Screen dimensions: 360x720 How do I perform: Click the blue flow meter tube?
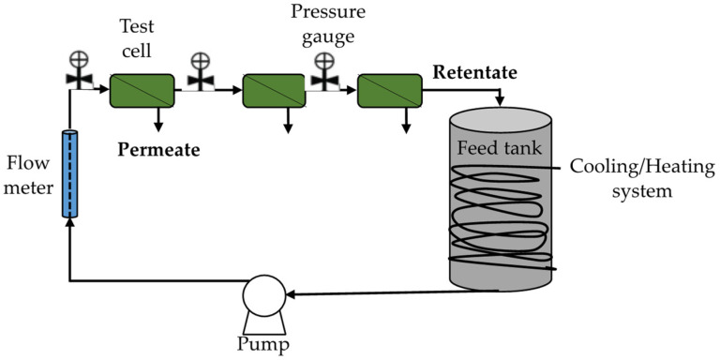tap(68, 174)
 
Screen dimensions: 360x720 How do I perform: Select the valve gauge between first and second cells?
tap(200, 75)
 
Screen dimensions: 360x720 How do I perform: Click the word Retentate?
tap(475, 72)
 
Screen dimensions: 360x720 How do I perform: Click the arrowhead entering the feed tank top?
tap(500, 100)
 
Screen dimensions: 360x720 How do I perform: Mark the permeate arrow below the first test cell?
tap(158, 122)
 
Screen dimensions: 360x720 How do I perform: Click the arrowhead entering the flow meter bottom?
tap(68, 223)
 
